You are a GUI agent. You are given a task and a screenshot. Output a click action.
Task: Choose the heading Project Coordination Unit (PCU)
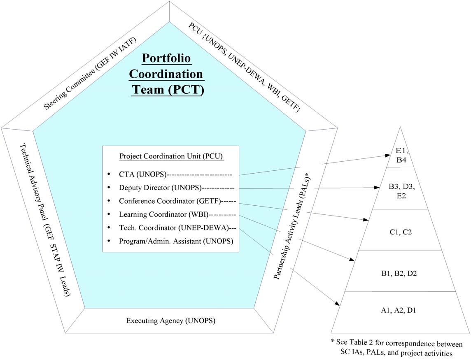click(x=171, y=157)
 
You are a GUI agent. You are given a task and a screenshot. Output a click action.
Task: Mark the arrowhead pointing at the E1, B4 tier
click(x=388, y=156)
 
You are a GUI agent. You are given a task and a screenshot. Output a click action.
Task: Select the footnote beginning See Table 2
click(x=396, y=347)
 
